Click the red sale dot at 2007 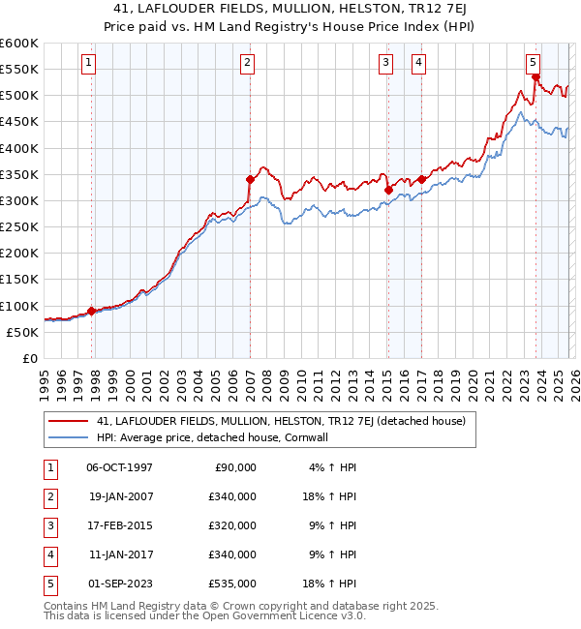[250, 179]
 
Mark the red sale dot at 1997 [92, 311]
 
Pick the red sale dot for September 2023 [535, 76]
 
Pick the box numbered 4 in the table [49, 554]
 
